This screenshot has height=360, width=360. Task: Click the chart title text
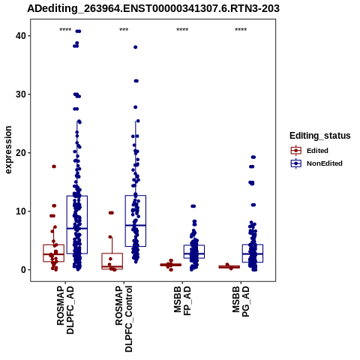[153, 8]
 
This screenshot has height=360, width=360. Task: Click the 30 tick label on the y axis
[21, 94]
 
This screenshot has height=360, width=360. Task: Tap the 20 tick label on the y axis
[21, 153]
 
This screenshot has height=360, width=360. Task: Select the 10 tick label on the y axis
[21, 211]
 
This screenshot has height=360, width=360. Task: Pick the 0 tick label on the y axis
[23, 270]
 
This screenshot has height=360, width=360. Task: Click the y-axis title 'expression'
[8, 150]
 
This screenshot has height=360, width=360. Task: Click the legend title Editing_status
[319, 136]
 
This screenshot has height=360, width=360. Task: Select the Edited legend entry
[309, 151]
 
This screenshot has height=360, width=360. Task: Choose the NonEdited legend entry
[316, 163]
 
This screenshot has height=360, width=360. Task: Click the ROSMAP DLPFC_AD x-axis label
[65, 310]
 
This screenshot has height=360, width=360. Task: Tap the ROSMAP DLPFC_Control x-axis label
[124, 319]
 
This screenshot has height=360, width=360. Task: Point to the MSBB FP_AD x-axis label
[182, 301]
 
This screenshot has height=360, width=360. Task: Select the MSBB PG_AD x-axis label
[241, 301]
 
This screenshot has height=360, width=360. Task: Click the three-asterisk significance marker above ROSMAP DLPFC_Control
[124, 30]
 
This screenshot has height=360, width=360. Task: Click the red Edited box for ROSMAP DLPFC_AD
[53, 253]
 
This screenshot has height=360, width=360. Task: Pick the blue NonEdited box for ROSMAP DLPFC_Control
[136, 221]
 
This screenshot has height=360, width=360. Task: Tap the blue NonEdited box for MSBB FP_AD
[194, 251]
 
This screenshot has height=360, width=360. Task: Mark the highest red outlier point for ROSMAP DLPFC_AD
[54, 166]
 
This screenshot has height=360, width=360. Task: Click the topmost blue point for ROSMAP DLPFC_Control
[136, 47]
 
